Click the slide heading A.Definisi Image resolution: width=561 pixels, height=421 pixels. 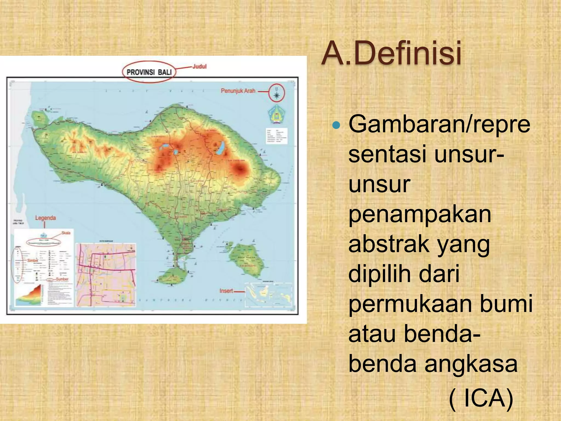pos(391,53)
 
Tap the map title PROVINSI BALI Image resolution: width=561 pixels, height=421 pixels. pos(149,72)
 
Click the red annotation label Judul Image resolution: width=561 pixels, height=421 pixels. pos(199,66)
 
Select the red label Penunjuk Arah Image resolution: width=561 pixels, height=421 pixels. pos(238,91)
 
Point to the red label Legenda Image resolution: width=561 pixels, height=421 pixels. pos(45,218)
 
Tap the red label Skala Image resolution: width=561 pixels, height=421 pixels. pos(66,233)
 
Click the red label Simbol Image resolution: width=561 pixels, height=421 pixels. pos(33,260)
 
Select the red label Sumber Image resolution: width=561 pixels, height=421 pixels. pos(62,279)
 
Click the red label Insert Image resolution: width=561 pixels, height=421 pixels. pos(226,291)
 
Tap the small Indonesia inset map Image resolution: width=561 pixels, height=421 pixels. pos(268,295)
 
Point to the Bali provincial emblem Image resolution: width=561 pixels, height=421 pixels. pos(276,115)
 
